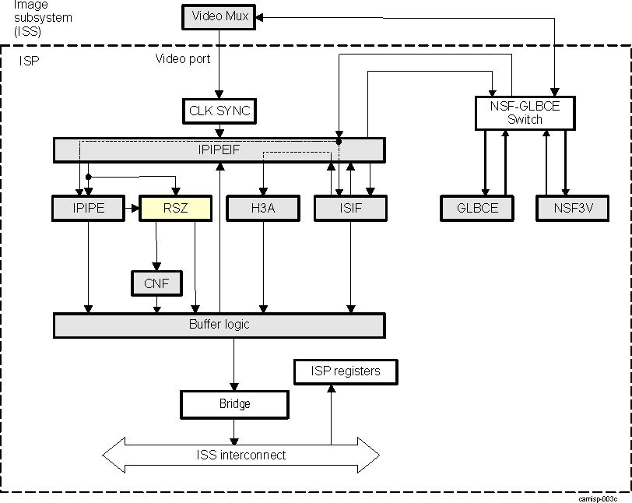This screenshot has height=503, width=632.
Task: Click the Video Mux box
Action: (219, 17)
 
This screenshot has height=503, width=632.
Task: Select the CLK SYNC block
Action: (219, 111)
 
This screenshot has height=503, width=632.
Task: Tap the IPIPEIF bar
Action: (219, 149)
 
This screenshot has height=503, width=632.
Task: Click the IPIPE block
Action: (89, 208)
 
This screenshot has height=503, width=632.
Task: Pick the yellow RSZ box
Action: (175, 208)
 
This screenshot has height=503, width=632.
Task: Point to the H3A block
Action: (263, 208)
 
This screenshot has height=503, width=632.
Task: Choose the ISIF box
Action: (350, 208)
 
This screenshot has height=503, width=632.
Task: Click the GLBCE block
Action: (477, 208)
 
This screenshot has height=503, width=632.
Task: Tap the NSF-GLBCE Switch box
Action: (525, 114)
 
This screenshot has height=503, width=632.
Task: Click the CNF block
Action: (156, 283)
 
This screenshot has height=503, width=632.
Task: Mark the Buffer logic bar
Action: (219, 325)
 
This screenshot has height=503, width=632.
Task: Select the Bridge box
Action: (234, 404)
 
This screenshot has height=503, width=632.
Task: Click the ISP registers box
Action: (346, 371)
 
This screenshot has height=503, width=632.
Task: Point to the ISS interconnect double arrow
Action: (241, 455)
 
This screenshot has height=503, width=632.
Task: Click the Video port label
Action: (182, 58)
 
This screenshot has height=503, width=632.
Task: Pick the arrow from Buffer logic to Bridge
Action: (234, 364)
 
